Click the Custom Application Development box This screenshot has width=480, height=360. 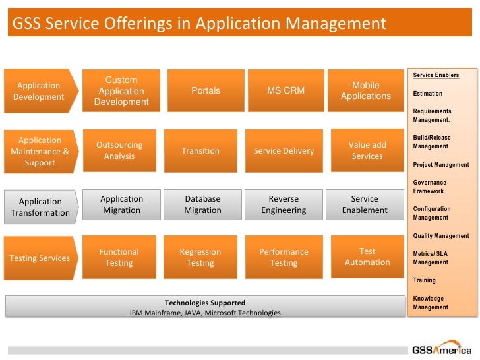[x=121, y=91]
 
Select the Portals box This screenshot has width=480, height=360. [x=206, y=90]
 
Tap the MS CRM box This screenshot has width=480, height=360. [x=285, y=90]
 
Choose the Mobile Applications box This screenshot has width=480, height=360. [x=366, y=90]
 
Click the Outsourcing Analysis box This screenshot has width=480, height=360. [x=119, y=150]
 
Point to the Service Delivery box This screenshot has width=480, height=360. [x=284, y=150]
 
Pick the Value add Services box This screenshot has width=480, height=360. [x=367, y=150]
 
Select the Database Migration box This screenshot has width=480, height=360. [x=202, y=204]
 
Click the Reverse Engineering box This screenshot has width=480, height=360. [x=284, y=204]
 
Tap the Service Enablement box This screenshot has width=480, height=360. [x=365, y=204]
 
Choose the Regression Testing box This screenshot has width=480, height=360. [x=200, y=257]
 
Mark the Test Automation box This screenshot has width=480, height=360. [x=367, y=256]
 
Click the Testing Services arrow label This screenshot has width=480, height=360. [x=40, y=258]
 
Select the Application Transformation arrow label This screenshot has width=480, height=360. [x=40, y=207]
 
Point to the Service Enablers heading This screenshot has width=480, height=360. [x=436, y=75]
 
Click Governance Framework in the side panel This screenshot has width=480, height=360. [x=430, y=187]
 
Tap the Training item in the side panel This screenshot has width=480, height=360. [x=425, y=280]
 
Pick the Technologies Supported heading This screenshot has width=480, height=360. [x=205, y=303]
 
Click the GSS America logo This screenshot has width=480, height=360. [x=442, y=350]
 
